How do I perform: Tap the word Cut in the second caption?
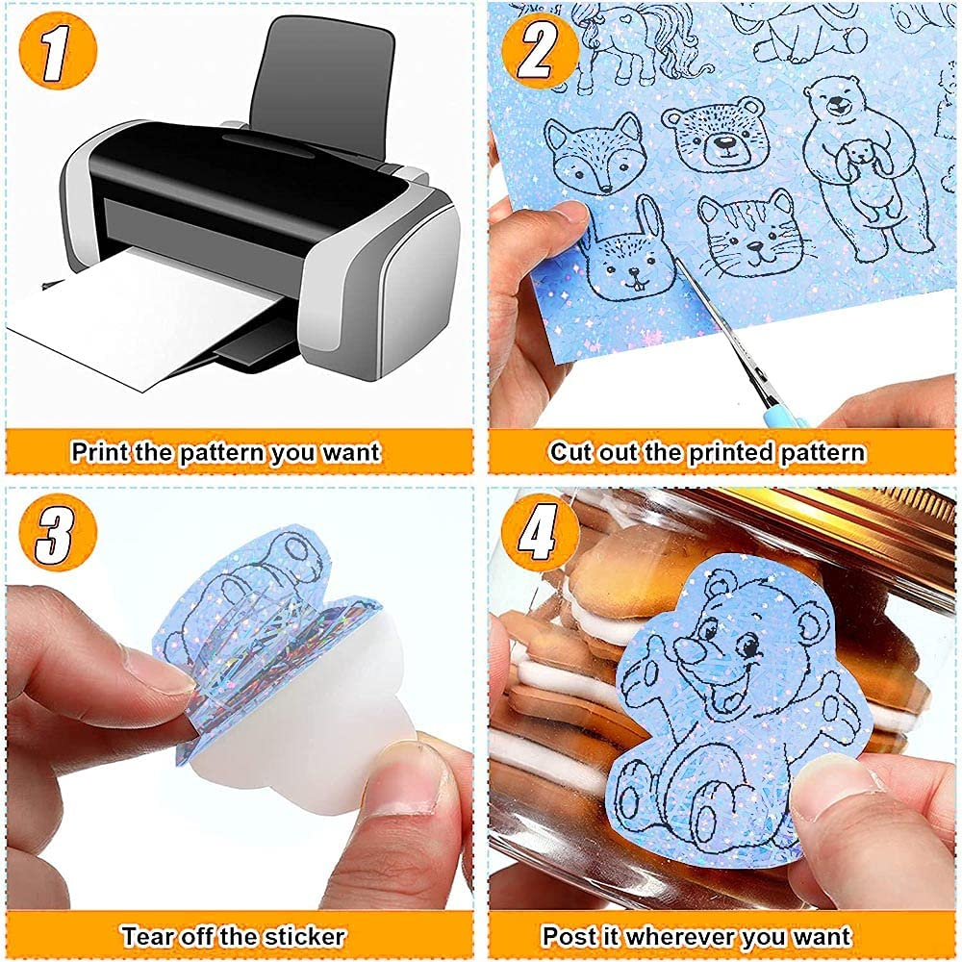(x=570, y=452)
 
